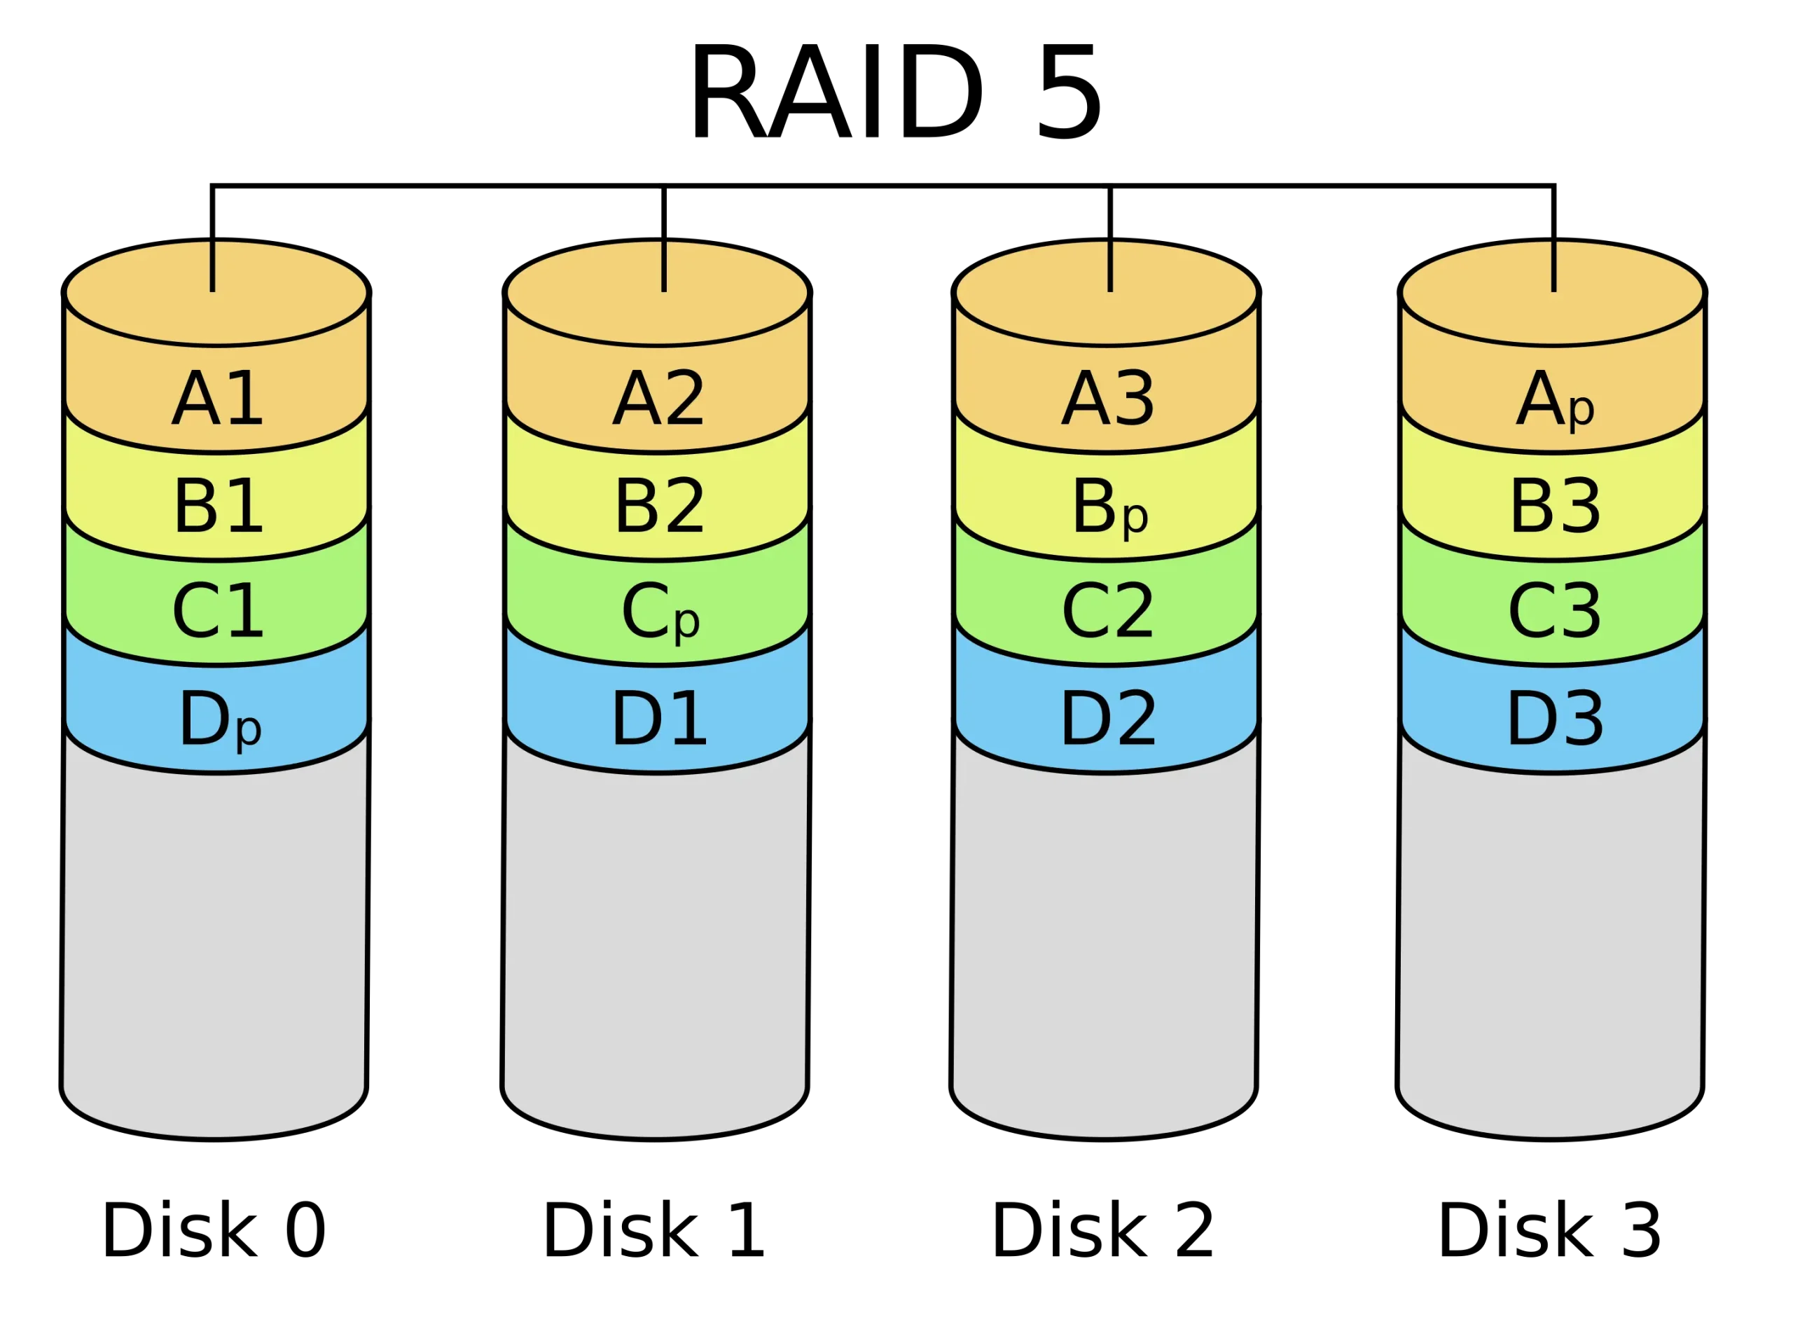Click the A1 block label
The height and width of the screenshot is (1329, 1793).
(x=217, y=399)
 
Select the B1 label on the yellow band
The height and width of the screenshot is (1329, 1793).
(x=218, y=506)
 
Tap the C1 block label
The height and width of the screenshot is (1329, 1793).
(x=217, y=612)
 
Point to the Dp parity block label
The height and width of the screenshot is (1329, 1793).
(x=219, y=720)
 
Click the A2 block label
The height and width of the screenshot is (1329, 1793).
(x=658, y=399)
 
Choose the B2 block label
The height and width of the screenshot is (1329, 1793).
(x=659, y=506)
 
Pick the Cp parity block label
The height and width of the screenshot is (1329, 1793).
(x=660, y=614)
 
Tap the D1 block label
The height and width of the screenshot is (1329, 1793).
(x=659, y=720)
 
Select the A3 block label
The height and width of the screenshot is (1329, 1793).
(x=1108, y=399)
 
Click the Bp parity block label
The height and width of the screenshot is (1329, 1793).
(x=1109, y=508)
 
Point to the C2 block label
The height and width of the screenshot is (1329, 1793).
(x=1108, y=612)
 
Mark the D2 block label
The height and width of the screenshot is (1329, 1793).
(x=1108, y=720)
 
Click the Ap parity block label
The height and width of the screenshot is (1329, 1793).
(x=1555, y=400)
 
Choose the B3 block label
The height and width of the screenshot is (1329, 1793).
(x=1555, y=506)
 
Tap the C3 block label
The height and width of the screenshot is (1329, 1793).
(x=1555, y=612)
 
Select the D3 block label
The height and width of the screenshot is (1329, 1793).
(x=1555, y=720)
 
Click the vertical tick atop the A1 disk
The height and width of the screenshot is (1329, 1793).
(x=212, y=266)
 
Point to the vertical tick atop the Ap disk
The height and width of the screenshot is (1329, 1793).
(x=1553, y=266)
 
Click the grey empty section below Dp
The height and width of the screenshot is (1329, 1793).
(x=215, y=949)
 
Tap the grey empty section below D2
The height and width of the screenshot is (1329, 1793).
(x=1105, y=949)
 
